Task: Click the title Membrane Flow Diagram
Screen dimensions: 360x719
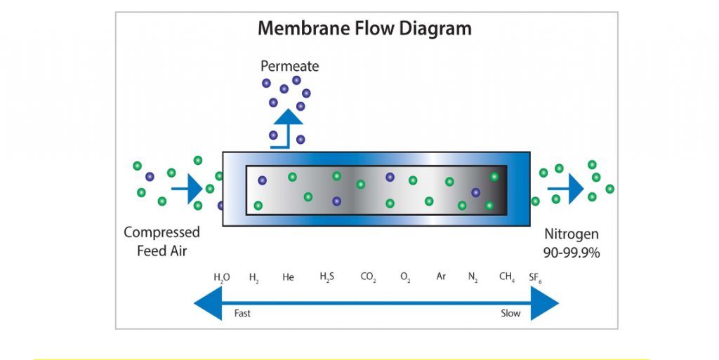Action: [364, 29]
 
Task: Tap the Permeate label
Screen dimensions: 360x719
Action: [289, 67]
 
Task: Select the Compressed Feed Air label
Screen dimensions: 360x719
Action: [161, 241]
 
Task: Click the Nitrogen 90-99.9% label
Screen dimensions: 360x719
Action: [572, 244]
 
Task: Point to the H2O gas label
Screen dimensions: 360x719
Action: [221, 277]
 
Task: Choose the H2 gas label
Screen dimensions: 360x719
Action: [254, 277]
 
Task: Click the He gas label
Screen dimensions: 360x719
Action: [288, 277]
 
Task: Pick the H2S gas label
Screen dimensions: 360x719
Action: [327, 277]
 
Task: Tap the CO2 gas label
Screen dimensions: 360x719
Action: [368, 277]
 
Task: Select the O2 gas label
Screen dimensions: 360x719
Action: [405, 277]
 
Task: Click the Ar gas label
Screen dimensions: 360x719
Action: [441, 276]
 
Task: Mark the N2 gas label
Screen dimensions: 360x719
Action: [473, 277]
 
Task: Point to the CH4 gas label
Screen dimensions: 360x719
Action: [507, 277]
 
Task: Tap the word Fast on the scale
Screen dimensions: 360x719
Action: [242, 314]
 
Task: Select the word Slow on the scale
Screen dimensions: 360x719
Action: [510, 314]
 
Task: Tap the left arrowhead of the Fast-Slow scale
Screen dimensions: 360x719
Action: [206, 304]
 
